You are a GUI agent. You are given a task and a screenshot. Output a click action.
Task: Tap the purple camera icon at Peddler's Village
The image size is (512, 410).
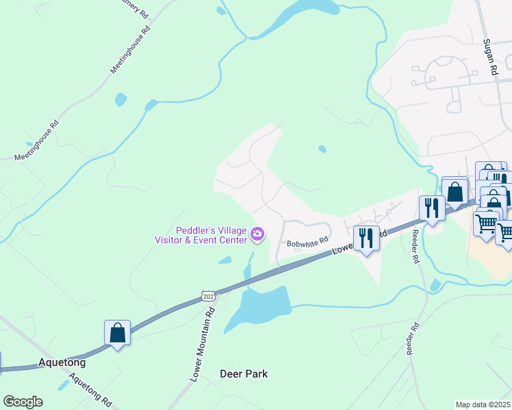(257, 234)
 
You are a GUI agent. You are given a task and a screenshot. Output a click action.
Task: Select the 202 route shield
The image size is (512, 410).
(209, 295)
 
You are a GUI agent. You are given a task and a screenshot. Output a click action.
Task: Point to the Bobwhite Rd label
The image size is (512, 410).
(308, 242)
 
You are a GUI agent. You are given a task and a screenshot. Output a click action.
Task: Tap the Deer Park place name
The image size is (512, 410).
(244, 374)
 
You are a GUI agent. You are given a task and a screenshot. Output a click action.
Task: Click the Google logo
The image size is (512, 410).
(23, 401)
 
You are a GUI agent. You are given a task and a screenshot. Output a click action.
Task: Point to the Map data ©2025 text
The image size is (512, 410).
(483, 405)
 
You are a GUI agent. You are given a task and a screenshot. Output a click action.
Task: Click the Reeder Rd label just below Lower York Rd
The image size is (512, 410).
(415, 247)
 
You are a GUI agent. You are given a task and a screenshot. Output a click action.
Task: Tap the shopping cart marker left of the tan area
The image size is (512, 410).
(485, 223)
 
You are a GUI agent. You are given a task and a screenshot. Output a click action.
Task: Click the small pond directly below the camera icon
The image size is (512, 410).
(225, 260)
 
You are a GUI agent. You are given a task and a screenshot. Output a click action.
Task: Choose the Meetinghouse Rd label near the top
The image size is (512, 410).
(130, 51)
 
